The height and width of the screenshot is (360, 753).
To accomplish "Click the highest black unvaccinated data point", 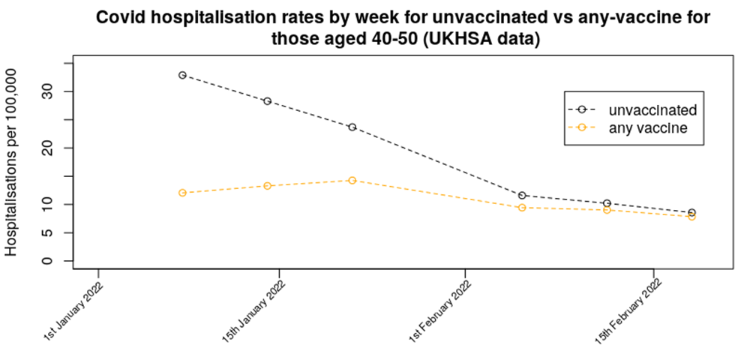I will point(182,75).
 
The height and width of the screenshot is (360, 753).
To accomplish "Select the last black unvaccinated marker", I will point(691,213).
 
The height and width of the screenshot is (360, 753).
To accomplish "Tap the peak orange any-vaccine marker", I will point(352,180).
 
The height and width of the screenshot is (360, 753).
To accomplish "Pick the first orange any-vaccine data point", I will point(182,193).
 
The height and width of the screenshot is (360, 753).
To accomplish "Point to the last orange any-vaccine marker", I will point(691,217).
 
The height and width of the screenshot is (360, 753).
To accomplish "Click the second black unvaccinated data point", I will point(267,101).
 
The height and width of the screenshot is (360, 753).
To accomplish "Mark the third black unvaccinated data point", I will point(352,127).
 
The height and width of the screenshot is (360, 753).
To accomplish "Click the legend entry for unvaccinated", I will point(652,109).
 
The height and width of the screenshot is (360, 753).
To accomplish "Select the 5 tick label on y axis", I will point(52,232).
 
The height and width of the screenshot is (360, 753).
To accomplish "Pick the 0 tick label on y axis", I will point(52,261).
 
